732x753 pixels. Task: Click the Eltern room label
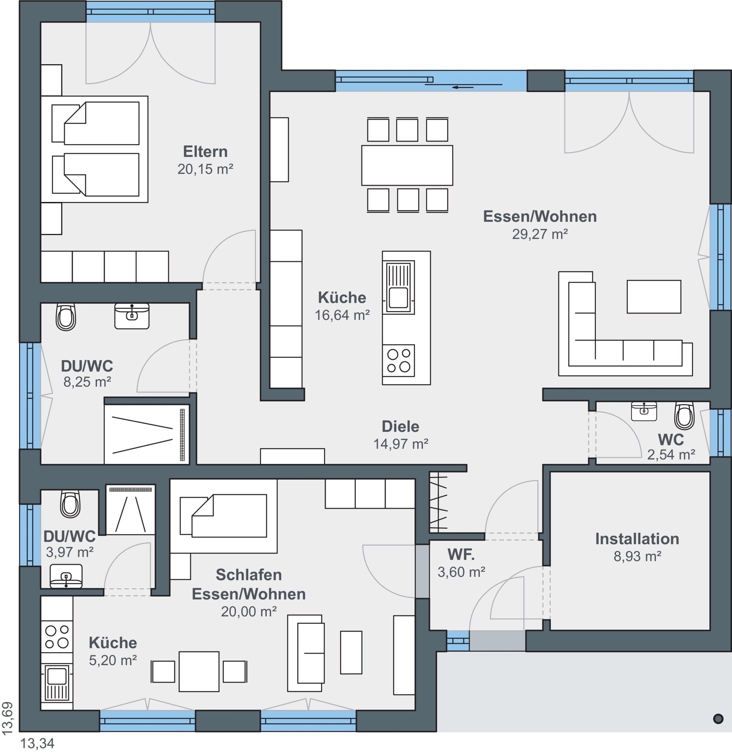coord(205,151)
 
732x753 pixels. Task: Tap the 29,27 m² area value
coord(540,234)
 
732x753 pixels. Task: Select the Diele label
coord(400,427)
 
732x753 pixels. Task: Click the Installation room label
coord(637,539)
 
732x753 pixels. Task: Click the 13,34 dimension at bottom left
coord(37,743)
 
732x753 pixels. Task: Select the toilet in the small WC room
coord(684,415)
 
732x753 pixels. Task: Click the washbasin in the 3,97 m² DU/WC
coord(66,576)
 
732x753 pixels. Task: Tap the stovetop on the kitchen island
coord(398,360)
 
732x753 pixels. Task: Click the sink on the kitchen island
coord(398,287)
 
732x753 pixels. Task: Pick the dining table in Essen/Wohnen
coord(407,165)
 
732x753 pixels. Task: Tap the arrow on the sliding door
coord(463,87)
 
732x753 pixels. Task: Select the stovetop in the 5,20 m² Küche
coord(57,637)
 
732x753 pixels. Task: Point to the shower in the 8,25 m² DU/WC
coord(146,434)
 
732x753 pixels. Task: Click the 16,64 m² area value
coord(342,315)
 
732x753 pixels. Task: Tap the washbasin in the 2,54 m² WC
coord(644,411)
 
